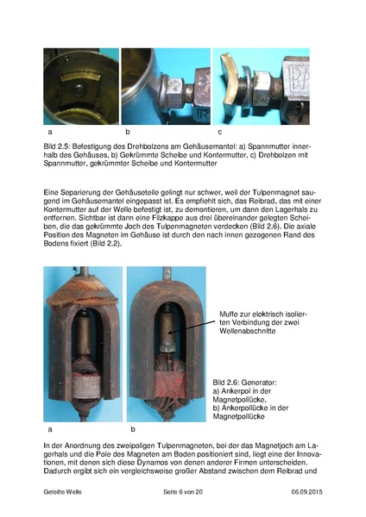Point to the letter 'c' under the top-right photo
point(219,132)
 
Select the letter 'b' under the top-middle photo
point(127,132)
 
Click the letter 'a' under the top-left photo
point(50,132)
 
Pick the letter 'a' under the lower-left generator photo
point(50,428)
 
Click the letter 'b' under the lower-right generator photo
point(133,428)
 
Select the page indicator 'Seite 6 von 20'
point(182,490)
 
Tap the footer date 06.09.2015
point(299,490)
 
